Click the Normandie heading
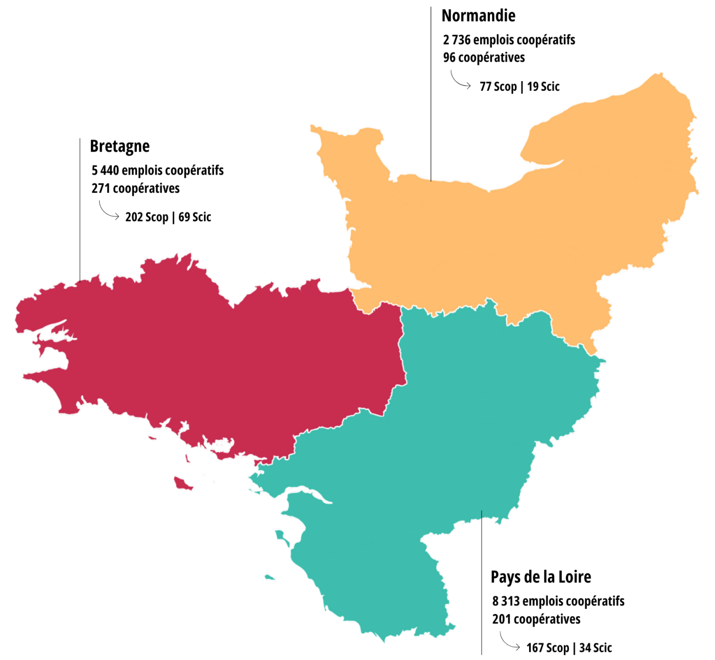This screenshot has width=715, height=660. (x=478, y=16)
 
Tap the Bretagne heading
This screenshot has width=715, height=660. (x=120, y=146)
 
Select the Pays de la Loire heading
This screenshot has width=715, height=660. (x=541, y=577)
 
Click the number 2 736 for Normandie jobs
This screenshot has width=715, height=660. (x=457, y=40)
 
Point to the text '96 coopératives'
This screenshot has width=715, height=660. (x=484, y=58)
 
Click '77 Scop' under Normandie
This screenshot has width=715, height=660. (x=498, y=87)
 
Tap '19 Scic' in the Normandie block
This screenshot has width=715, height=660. (x=543, y=87)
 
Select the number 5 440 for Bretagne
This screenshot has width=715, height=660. (x=105, y=170)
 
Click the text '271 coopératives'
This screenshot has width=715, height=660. (x=135, y=188)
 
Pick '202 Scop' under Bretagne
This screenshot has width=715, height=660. (x=147, y=217)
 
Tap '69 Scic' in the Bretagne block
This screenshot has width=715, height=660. (x=195, y=217)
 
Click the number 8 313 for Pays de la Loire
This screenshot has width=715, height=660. (x=506, y=601)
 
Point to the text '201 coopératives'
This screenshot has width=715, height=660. (x=536, y=619)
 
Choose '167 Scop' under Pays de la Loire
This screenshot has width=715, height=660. (x=547, y=648)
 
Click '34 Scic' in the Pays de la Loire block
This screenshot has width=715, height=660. (x=595, y=648)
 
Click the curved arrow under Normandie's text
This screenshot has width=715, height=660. (x=460, y=81)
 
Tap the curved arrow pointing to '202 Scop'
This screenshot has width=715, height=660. (x=108, y=211)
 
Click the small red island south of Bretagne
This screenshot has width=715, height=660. (x=182, y=483)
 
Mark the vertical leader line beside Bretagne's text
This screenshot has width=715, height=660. (x=80, y=209)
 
